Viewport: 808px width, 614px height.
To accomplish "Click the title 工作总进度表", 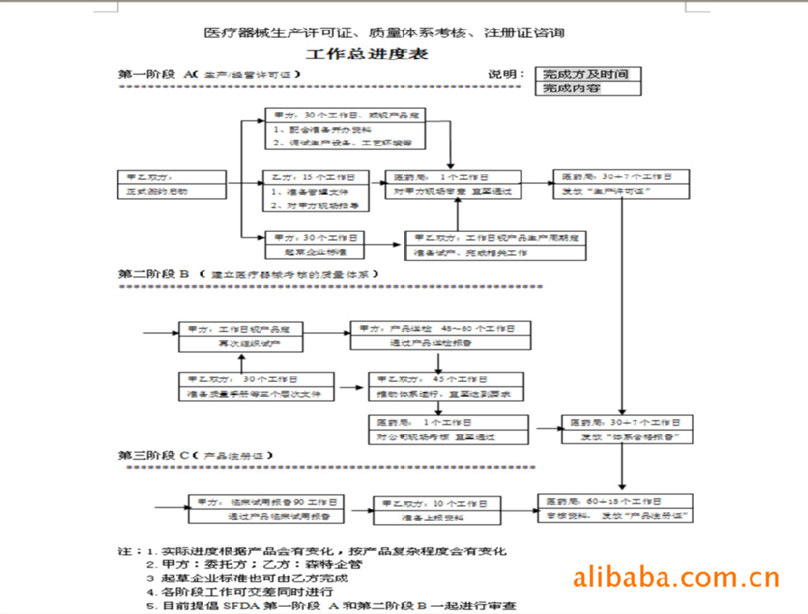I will click(367, 54).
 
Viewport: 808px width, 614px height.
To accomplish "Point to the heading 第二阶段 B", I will click(154, 274).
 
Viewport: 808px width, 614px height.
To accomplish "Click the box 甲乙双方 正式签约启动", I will click(171, 185).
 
